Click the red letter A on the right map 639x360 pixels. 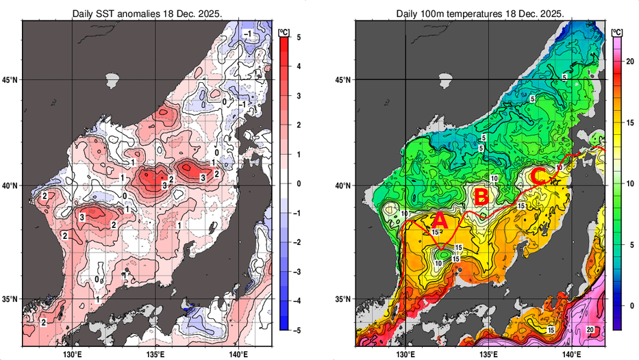point(440,221)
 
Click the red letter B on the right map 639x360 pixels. point(481,197)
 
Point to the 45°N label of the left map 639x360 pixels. point(10,79)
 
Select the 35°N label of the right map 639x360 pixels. point(342,299)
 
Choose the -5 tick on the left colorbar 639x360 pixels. point(295,330)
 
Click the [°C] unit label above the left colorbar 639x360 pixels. point(284,31)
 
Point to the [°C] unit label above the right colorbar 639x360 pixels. point(617,31)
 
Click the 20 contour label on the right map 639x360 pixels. point(590,330)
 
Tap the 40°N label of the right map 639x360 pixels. point(342,185)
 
